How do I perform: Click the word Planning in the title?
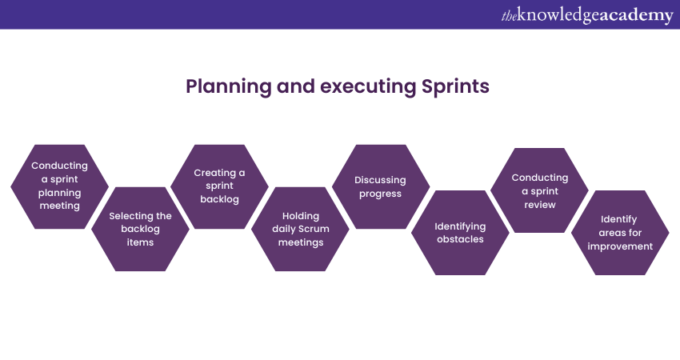(x=229, y=86)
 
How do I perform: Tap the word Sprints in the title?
(x=455, y=86)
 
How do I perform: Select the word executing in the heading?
(x=368, y=86)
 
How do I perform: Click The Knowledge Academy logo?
(x=587, y=14)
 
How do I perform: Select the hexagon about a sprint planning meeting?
(x=59, y=186)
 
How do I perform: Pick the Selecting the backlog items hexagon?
(x=140, y=229)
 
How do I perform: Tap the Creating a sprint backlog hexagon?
(x=219, y=186)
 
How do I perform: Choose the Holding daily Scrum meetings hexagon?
(x=300, y=229)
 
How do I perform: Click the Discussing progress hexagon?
(x=381, y=186)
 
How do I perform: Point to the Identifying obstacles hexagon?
(x=460, y=233)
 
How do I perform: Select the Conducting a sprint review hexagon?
(x=539, y=190)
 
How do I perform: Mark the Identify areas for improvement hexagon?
(x=620, y=233)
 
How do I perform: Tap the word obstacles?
(x=460, y=239)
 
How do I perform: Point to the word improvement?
(x=620, y=246)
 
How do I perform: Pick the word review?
(x=540, y=205)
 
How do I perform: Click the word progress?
(x=380, y=194)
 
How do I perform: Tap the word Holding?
(x=301, y=216)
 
